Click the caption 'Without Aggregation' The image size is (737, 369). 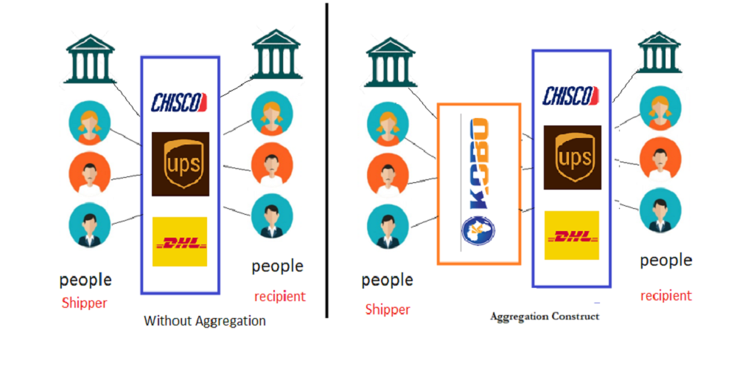pos(204,321)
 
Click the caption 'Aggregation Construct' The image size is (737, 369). pos(545,316)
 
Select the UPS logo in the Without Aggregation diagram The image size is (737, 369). pos(181,164)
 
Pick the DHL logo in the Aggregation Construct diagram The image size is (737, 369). pos(572,235)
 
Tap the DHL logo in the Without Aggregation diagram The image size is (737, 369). pos(179,242)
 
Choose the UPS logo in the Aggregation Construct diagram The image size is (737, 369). pos(572,156)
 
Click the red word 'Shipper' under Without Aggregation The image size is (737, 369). pos(85,303)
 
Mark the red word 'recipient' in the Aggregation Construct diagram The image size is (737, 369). pos(666,296)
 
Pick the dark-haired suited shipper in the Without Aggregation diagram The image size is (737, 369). pos(89,225)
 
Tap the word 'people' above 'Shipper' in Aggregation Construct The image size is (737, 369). pos(387,280)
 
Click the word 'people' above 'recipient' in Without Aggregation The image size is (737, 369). pos(277,266)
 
